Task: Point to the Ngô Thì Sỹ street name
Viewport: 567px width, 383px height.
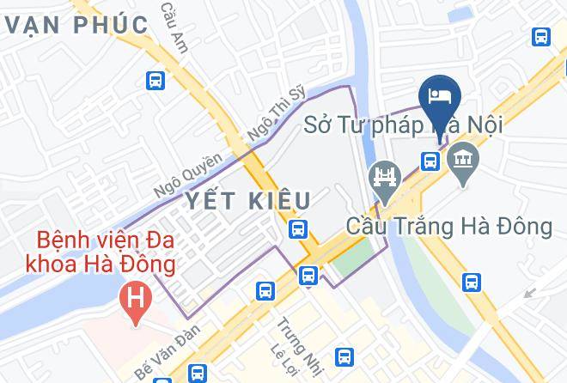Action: click(x=276, y=112)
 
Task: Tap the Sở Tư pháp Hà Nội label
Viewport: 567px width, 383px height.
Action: click(x=403, y=125)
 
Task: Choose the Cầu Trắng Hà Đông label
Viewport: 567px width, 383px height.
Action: click(x=448, y=227)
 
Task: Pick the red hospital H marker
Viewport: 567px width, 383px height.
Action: click(x=135, y=301)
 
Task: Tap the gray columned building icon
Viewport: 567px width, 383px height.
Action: click(x=464, y=159)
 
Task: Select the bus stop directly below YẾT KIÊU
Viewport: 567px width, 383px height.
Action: click(x=297, y=229)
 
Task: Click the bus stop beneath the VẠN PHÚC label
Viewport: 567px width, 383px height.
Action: click(x=155, y=81)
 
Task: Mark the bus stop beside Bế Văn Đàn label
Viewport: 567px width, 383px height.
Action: click(x=198, y=373)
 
